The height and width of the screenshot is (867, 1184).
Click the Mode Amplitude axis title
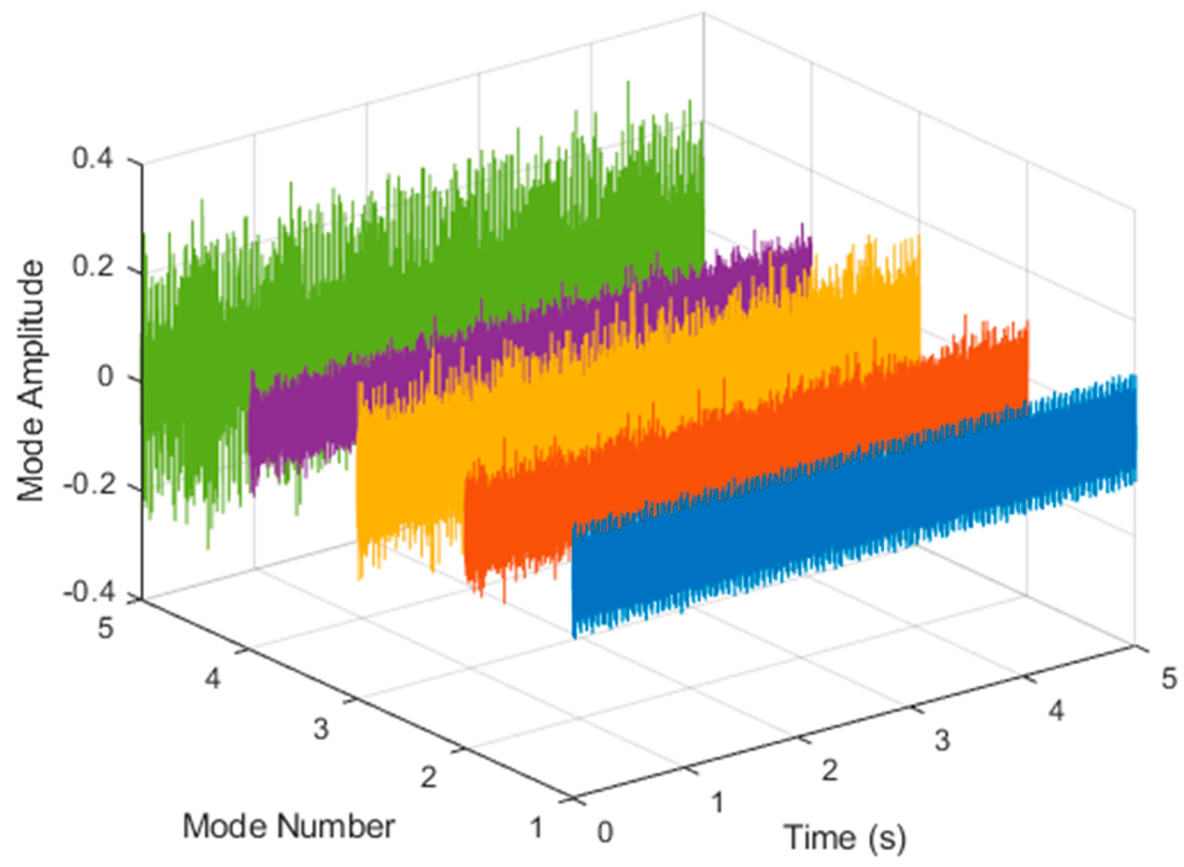pyautogui.click(x=30, y=382)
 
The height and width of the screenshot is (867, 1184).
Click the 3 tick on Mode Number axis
pyautogui.click(x=321, y=729)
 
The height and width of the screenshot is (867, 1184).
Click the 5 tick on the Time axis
pyautogui.click(x=1168, y=679)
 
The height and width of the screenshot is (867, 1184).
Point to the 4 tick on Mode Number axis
pyautogui.click(x=213, y=679)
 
